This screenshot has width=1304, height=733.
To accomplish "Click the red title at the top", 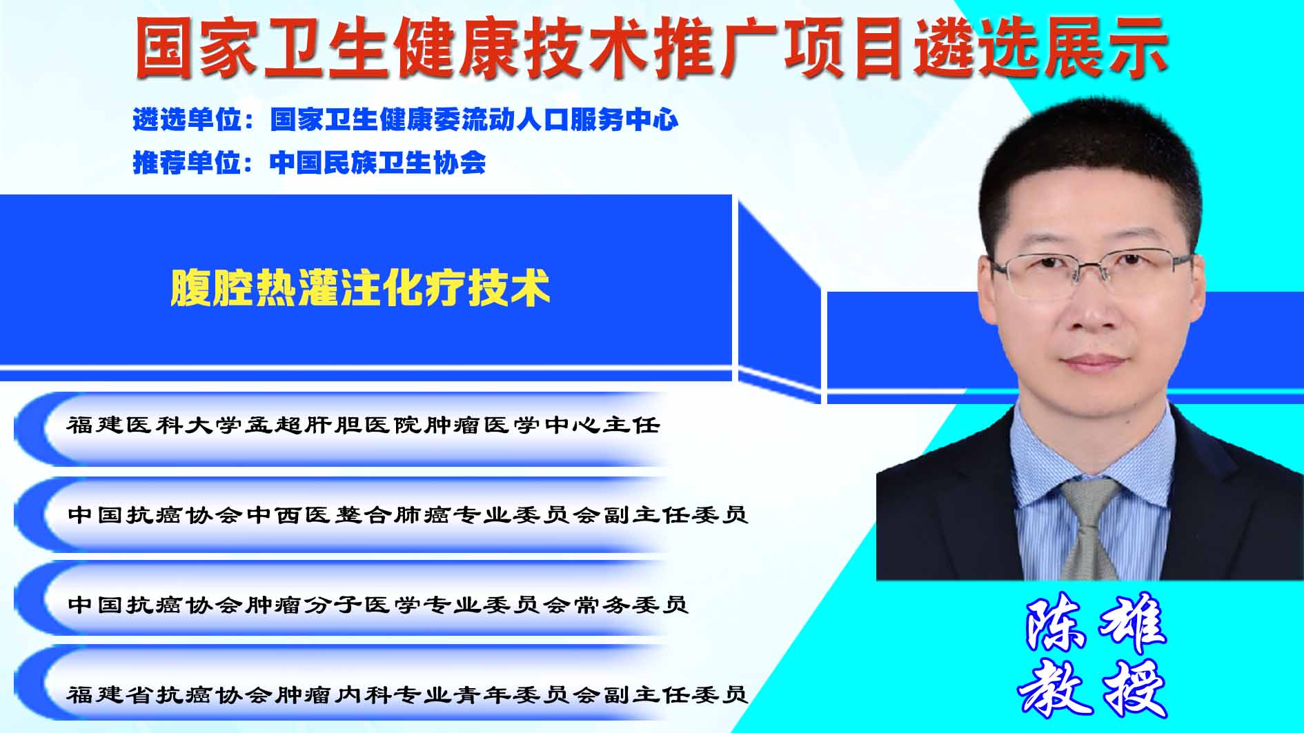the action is point(651,47).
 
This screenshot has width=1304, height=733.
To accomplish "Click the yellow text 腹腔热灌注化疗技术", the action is point(360,288).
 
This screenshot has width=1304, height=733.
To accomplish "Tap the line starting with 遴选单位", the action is point(406,120).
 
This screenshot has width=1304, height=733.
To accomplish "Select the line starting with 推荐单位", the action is point(309,163).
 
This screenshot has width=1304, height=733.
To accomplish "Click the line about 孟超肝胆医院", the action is point(363,425).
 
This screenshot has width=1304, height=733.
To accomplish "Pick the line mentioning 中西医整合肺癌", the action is point(408,515).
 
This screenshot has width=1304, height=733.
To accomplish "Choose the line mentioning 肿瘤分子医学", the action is point(378,605).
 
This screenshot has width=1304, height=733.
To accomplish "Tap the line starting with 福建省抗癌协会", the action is point(408,694).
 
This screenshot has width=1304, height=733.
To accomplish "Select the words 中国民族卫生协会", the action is point(378,163).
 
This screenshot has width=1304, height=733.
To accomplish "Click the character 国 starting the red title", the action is point(164,47).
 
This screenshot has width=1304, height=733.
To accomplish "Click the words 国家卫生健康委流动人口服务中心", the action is point(475,120).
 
